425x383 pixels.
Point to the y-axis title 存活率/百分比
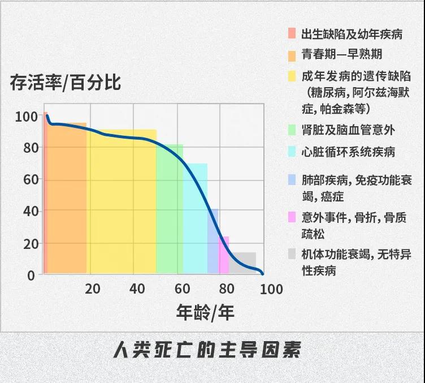point(66,82)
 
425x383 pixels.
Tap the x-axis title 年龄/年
point(205,312)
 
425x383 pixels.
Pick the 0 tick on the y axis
point(32,276)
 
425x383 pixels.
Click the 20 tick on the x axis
point(92,289)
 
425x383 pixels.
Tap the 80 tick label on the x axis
point(227,289)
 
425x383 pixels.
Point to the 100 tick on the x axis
point(271,289)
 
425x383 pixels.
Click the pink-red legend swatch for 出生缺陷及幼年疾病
point(292,33)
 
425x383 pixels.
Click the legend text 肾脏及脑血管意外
point(349,130)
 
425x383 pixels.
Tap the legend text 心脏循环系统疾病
point(349,152)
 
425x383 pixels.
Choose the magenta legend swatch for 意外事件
point(292,217)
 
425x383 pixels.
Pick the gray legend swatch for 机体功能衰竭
point(292,255)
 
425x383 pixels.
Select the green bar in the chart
point(169,226)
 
